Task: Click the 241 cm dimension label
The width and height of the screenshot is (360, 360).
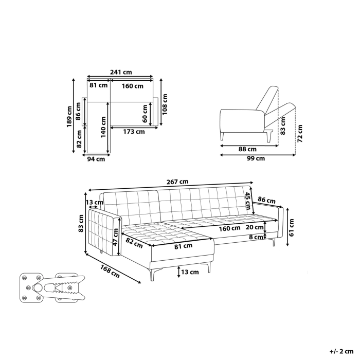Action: coord(120,73)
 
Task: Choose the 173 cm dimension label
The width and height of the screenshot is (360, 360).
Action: coord(133,132)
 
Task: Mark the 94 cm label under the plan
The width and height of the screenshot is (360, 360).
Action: coord(96,159)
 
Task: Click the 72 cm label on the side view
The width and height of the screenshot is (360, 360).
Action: coord(300,133)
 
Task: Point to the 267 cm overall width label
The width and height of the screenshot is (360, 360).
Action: coord(177,181)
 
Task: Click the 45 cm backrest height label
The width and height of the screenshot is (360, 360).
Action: coord(247,198)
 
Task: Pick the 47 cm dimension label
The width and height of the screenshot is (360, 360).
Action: coord(115,237)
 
